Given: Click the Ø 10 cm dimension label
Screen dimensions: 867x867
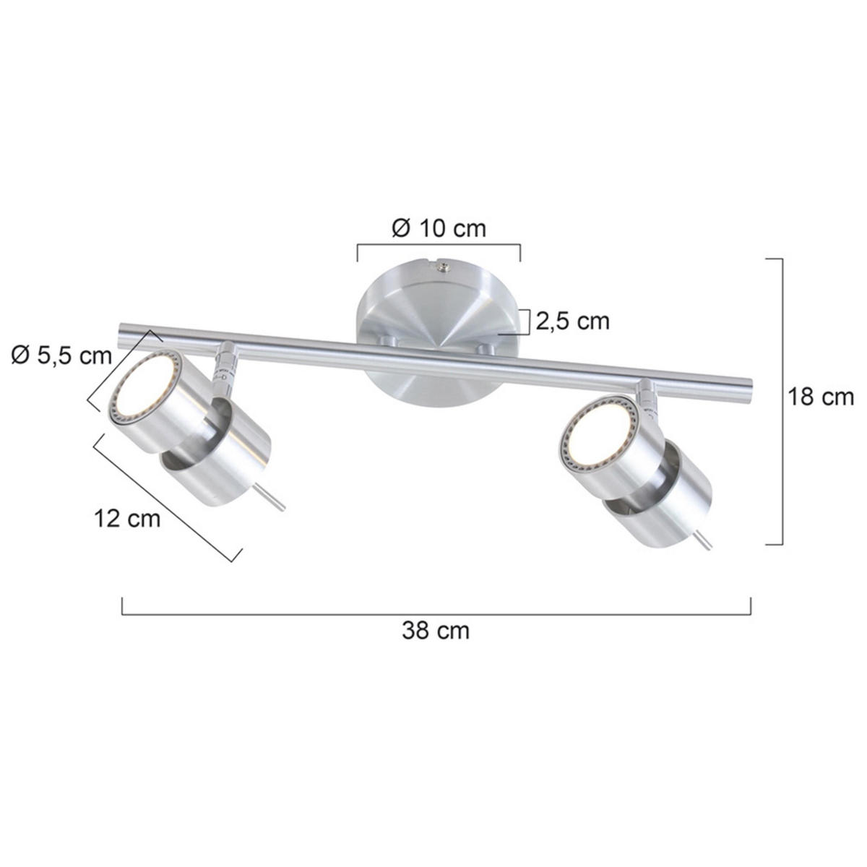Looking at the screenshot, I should (x=439, y=228).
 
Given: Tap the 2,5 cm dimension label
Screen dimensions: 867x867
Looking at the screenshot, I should (x=571, y=320).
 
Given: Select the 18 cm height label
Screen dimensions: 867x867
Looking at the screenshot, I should (x=820, y=397).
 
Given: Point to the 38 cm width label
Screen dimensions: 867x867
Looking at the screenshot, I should (x=436, y=631).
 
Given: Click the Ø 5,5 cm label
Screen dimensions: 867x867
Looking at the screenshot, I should (x=62, y=355).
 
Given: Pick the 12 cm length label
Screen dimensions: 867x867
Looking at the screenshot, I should (x=127, y=518).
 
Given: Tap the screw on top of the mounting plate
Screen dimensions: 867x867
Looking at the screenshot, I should (x=441, y=268).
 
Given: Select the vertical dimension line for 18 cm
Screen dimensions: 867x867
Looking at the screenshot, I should (x=782, y=401).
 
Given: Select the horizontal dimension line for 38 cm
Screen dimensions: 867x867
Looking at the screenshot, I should (x=436, y=614).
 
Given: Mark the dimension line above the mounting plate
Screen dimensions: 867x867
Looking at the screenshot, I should (x=439, y=246).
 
